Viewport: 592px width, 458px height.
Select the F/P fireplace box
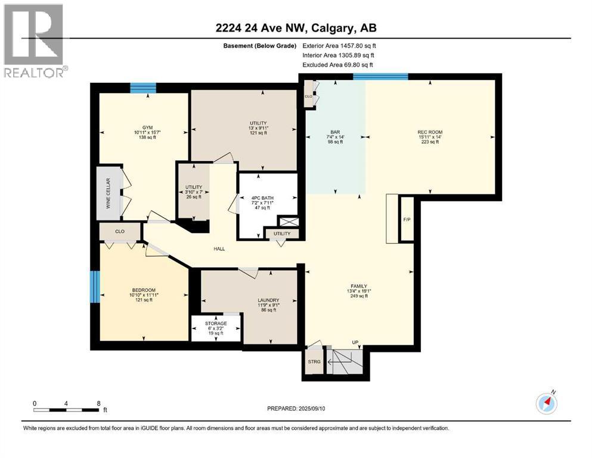coord(407,219)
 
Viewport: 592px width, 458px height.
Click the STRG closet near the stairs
coord(314,361)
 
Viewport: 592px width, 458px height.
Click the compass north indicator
coord(545,403)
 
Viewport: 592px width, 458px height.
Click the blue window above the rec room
coord(380,76)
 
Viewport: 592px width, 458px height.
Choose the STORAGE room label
coord(216,323)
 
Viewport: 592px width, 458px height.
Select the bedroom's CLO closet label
coord(120,230)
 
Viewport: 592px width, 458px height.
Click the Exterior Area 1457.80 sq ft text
coord(339,45)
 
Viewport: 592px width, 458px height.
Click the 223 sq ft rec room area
coord(429,142)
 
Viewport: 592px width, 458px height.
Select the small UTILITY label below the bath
coord(282,234)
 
